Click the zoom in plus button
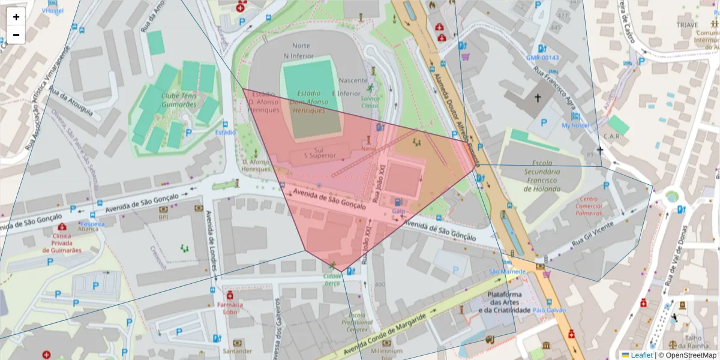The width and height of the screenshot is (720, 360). coord(16,17)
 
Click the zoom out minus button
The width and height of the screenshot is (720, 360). coord(16,35)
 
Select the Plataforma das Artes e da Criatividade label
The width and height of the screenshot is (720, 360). coord(509,302)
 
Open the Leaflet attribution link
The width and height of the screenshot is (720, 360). coord(641,355)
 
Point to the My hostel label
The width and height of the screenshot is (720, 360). coord(574,126)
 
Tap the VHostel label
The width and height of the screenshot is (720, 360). coord(52,11)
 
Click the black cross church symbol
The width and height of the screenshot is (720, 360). coord(538,97)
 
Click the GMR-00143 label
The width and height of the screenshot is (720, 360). coord(542,58)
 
